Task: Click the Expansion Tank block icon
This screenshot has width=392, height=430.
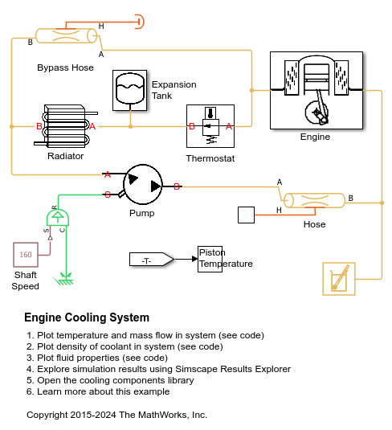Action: tap(129, 90)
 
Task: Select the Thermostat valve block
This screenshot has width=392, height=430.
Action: tap(210, 126)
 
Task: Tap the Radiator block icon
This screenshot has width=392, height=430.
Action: tap(66, 126)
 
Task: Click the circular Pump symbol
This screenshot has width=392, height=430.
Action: tap(143, 184)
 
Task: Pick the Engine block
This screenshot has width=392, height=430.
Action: tap(316, 90)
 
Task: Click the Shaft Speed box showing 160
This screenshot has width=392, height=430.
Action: tap(26, 255)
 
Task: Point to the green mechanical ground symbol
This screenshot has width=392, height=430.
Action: tap(63, 279)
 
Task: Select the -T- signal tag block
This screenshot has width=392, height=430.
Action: tap(152, 259)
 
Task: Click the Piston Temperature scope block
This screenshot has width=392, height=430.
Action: tap(210, 259)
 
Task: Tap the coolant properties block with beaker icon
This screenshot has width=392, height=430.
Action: tap(339, 279)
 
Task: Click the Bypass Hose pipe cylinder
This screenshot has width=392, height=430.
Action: tap(66, 35)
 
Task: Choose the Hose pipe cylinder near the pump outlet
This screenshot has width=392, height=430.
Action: tap(314, 200)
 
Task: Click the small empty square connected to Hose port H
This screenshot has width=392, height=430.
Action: tap(246, 215)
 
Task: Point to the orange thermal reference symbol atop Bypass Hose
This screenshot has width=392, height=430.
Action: tap(140, 22)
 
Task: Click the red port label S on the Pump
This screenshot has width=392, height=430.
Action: tap(108, 195)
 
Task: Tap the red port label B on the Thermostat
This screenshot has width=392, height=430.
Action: tap(192, 126)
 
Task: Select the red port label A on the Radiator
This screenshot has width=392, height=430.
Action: tap(92, 126)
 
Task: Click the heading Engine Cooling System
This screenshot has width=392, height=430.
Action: tap(87, 317)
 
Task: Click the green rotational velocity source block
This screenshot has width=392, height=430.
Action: tap(58, 218)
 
